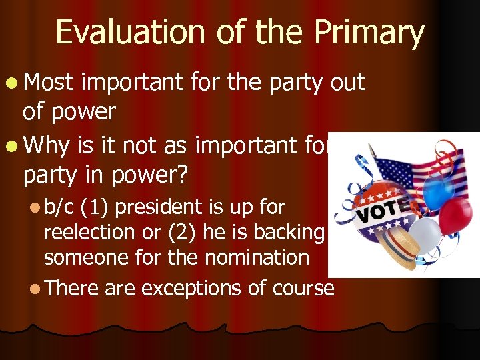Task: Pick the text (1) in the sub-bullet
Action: [95, 207]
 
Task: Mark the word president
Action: [154, 207]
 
